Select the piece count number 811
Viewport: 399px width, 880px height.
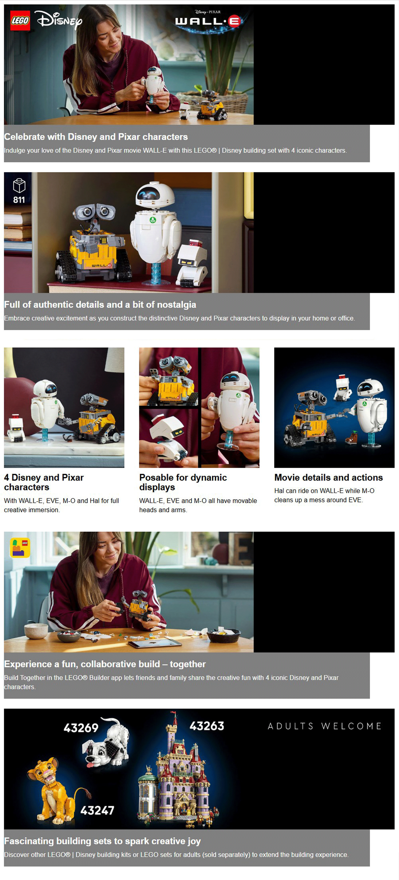click(x=19, y=200)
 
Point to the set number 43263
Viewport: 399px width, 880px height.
click(x=207, y=726)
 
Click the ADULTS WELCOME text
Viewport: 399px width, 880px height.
click(x=325, y=726)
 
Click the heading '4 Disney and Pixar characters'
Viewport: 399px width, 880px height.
click(x=44, y=482)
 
